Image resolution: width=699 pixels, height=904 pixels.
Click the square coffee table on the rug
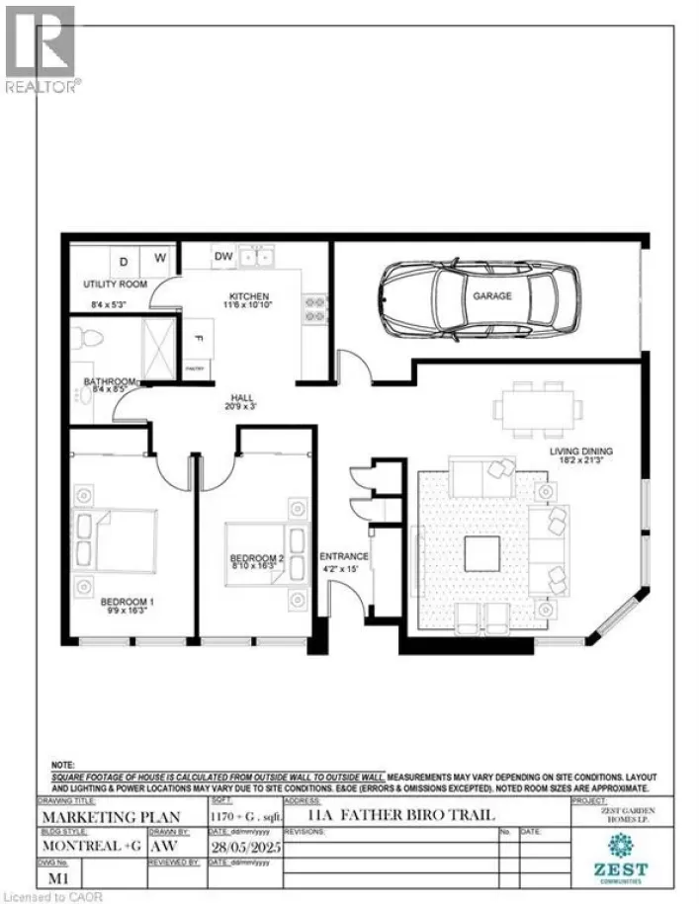pyautogui.click(x=482, y=553)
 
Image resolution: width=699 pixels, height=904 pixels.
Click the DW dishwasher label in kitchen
pyautogui.click(x=222, y=258)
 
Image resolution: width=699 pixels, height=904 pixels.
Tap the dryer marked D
pyautogui.click(x=124, y=262)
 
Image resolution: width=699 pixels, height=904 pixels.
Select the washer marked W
pyautogui.click(x=159, y=261)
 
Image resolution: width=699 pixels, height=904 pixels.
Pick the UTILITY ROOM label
pyautogui.click(x=115, y=285)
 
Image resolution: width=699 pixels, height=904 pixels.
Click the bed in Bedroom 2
pyautogui.click(x=259, y=548)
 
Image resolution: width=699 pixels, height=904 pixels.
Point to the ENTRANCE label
pyautogui.click(x=345, y=557)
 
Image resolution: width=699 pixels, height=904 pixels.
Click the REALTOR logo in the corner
pyautogui.click(x=41, y=48)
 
